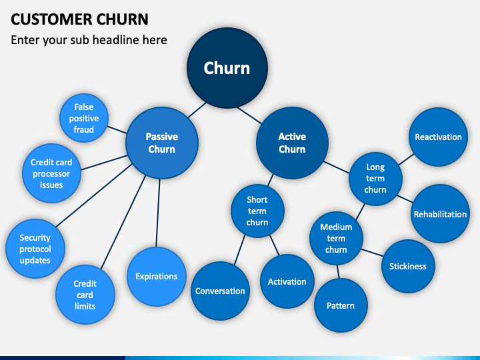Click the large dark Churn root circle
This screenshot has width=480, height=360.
pyautogui.click(x=227, y=68)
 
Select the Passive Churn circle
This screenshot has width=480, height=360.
pyautogui.click(x=162, y=143)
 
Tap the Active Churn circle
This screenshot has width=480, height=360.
pyautogui.click(x=292, y=143)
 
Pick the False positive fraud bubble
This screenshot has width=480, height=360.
pyautogui.click(x=84, y=118)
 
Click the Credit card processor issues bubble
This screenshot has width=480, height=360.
pyautogui.click(x=51, y=173)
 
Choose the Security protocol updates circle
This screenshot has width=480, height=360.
pyautogui.click(x=35, y=249)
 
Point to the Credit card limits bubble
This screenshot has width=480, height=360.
pyautogui.click(x=85, y=295)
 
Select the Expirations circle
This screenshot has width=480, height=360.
pyautogui.click(x=157, y=277)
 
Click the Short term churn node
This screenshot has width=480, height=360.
pyautogui.click(x=257, y=211)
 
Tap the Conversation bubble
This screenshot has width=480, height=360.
pyautogui.click(x=220, y=291)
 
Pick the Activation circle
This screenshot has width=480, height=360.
pyautogui.click(x=287, y=281)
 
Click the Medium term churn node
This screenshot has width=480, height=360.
pyautogui.click(x=336, y=238)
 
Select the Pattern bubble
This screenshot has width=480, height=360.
pyautogui.click(x=341, y=305)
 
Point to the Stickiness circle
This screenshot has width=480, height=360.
pyautogui.click(x=408, y=266)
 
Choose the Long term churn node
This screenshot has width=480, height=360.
pyautogui.click(x=375, y=179)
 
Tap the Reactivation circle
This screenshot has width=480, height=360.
pyautogui.click(x=438, y=137)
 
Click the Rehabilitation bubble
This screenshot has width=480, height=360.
pyautogui.click(x=440, y=214)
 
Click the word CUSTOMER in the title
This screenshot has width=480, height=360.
pyautogui.click(x=51, y=19)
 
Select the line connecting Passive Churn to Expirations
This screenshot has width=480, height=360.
pyautogui.click(x=158, y=213)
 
